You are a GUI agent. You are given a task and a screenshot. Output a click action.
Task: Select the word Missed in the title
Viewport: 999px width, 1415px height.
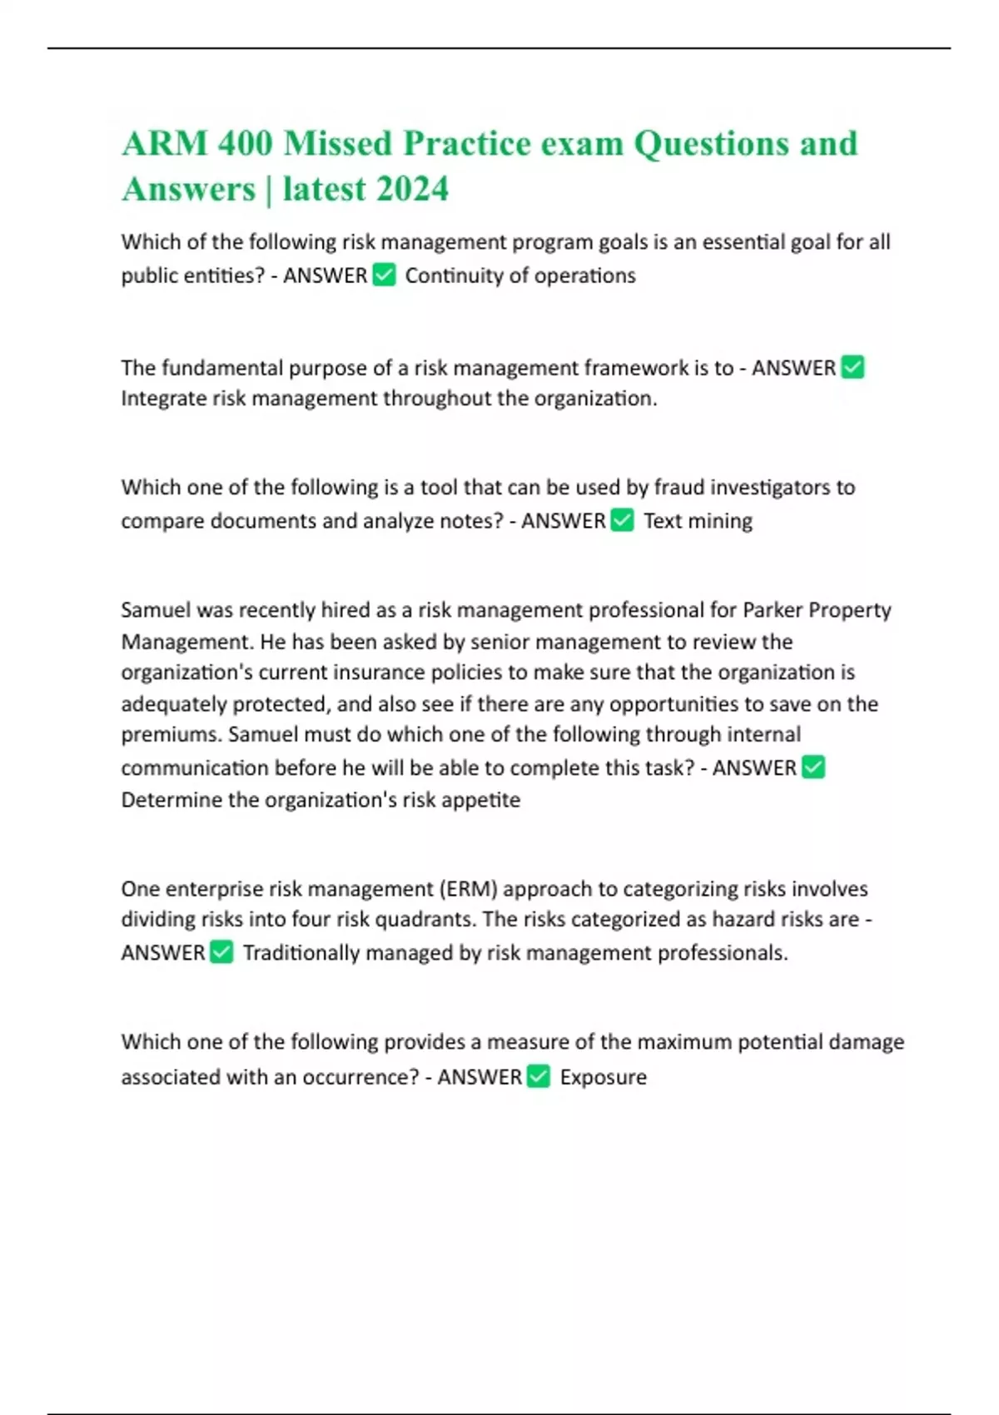[337, 143]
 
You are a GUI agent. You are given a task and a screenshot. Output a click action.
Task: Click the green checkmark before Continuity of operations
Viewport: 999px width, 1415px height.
[384, 275]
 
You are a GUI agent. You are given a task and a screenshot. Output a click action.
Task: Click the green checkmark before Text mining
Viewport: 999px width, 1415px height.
[622, 520]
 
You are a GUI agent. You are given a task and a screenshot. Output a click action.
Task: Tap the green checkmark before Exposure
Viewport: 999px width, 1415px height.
[539, 1076]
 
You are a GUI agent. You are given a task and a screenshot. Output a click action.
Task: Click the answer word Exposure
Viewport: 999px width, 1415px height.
[603, 1077]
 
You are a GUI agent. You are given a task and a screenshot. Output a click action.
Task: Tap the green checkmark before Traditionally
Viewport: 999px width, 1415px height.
[221, 951]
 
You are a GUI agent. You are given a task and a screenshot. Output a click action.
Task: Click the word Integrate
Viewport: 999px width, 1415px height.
[163, 399]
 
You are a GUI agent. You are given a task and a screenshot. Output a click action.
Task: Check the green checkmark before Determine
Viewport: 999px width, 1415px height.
[813, 767]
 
